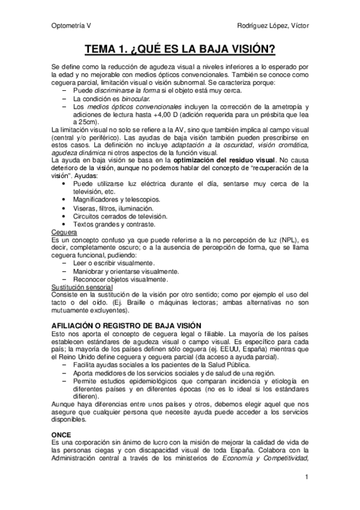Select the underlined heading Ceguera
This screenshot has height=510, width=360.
tap(64, 231)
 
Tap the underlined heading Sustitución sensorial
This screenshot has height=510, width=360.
tap(83, 287)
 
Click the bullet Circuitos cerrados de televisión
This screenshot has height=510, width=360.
tap(120, 216)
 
